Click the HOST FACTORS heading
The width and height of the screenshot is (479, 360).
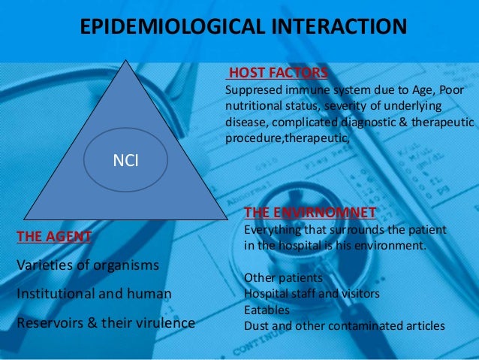tap(277, 73)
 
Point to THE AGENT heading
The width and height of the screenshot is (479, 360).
tap(54, 237)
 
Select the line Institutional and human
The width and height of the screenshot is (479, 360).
tap(94, 294)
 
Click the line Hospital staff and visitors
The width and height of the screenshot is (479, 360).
tap(312, 294)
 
